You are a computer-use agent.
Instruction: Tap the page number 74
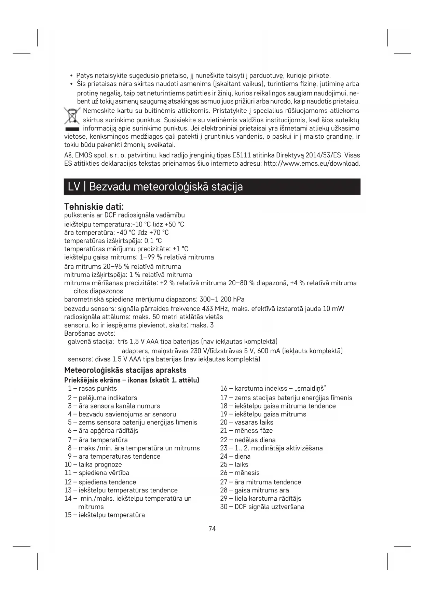click(212, 529)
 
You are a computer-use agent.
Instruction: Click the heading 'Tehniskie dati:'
click(94, 207)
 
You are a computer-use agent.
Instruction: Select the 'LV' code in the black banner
click(74, 187)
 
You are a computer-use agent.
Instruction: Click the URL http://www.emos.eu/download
click(312, 163)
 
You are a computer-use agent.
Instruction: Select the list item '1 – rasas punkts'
click(92, 388)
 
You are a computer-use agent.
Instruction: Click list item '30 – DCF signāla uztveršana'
click(262, 506)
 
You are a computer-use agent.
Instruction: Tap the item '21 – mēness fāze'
click(246, 430)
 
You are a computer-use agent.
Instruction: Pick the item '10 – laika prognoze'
click(93, 464)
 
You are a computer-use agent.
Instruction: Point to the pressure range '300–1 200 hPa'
click(222, 299)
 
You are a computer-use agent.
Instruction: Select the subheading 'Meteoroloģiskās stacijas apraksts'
click(125, 370)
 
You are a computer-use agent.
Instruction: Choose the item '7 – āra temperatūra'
click(98, 440)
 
